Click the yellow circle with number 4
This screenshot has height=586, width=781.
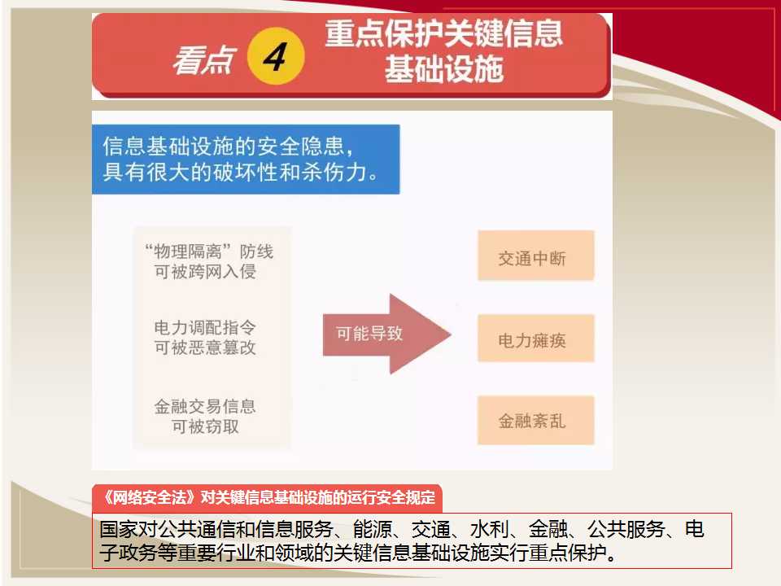276,56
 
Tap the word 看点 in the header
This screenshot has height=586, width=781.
203,59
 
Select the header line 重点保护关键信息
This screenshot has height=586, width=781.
444,34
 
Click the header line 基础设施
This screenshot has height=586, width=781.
444,68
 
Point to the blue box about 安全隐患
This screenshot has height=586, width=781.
246,159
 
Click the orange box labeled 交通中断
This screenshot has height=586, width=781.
536,256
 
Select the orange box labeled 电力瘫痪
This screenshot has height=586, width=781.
536,339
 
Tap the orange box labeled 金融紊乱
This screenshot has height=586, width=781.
536,420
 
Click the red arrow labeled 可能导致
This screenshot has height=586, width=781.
387,334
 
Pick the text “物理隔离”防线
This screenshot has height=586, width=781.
209,251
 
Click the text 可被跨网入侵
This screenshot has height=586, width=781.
205,272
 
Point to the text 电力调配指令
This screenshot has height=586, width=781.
205,327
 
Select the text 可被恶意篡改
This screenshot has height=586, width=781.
205,348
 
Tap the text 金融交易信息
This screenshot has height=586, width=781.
205,407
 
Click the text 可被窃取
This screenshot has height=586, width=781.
205,426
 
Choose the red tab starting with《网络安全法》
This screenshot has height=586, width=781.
267,498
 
